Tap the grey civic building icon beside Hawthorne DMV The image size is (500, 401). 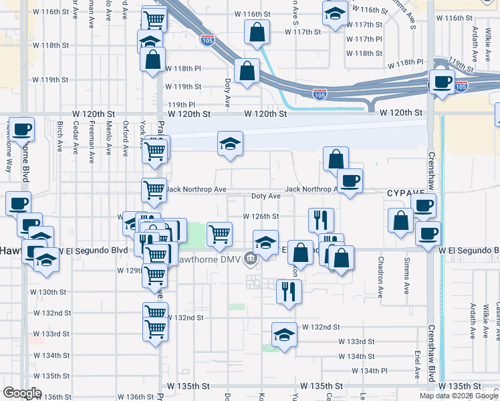251,257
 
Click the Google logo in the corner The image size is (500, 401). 22,393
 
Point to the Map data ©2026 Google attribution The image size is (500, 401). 459,396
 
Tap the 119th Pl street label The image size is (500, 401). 181,105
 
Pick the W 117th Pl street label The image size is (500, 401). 364,39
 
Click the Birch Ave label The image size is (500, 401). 60,137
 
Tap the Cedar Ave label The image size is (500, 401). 76,137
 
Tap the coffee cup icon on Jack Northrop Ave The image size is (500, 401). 349,180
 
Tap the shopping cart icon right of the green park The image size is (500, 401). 219,233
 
